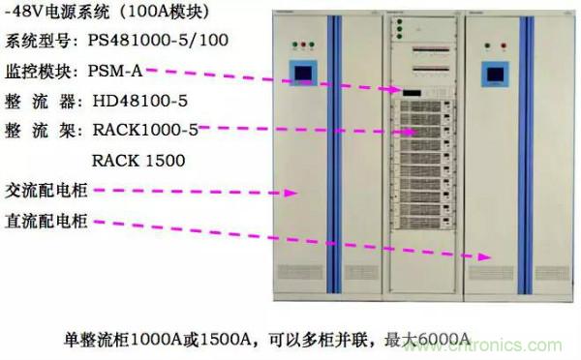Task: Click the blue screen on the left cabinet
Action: (305, 75)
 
